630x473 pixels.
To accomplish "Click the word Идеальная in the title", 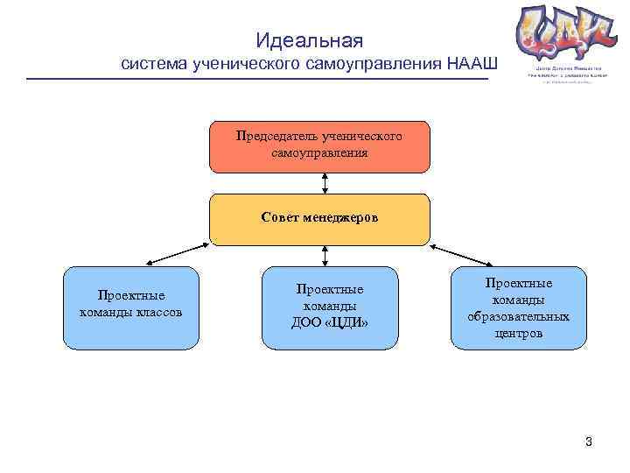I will tap(309, 40).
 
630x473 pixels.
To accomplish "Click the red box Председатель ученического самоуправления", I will tap(319, 146).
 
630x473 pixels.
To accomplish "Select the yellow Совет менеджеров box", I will tap(319, 219).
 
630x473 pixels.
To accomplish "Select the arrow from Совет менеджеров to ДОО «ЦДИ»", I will tap(325, 255).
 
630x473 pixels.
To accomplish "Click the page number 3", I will tap(589, 441).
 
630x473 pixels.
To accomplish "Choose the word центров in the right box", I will tap(518, 333).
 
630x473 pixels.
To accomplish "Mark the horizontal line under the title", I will tap(257, 80).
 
